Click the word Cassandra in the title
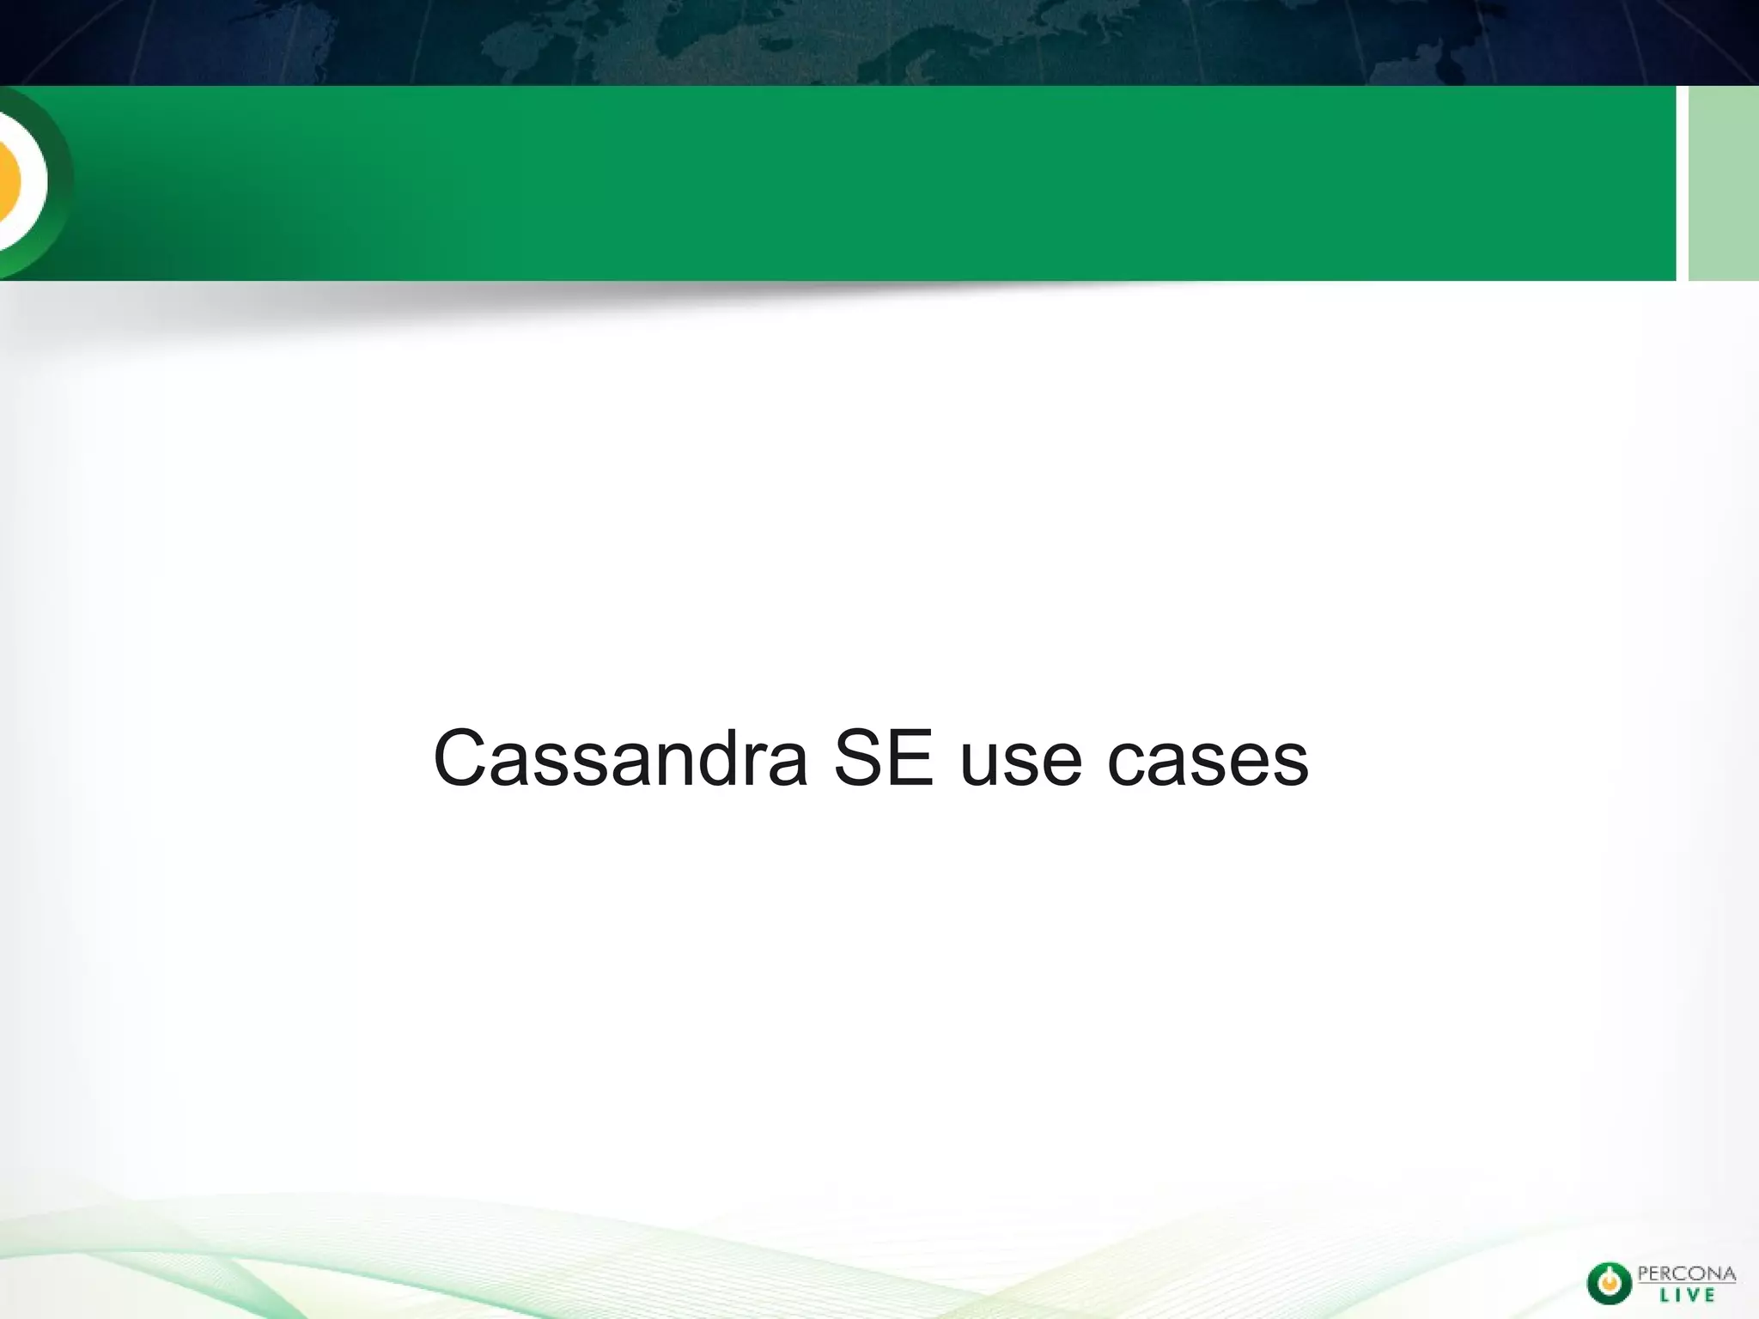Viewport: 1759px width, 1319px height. (620, 759)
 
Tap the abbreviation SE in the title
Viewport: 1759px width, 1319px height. (883, 759)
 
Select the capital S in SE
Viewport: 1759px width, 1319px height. (861, 759)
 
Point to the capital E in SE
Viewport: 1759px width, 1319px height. (908, 759)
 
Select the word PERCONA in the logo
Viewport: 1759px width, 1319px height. (1686, 1273)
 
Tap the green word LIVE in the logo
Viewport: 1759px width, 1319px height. (1686, 1295)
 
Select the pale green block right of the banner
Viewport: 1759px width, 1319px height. (1723, 182)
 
